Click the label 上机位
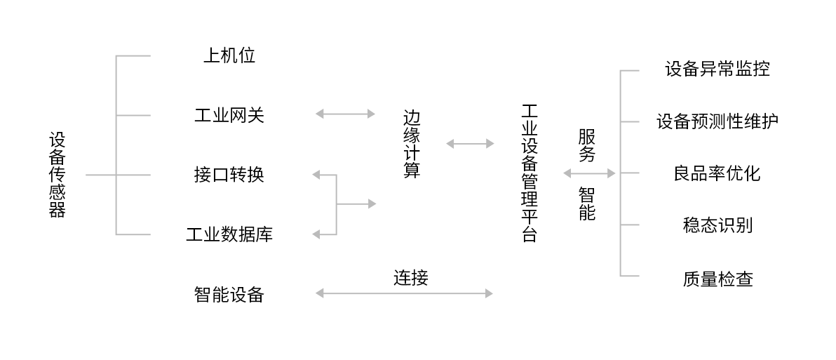coord(229,56)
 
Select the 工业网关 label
coord(229,115)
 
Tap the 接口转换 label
coord(229,175)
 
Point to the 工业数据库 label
coord(229,234)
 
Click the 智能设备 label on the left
coord(229,294)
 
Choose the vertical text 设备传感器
coord(57,175)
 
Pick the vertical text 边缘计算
coord(412,144)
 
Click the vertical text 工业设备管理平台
coord(530,173)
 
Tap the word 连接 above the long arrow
coord(410,278)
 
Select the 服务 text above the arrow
coord(587,145)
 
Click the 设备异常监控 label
coord(717,69)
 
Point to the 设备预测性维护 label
coord(717,121)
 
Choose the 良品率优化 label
coord(717,173)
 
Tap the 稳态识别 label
coord(717,225)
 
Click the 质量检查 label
coord(717,279)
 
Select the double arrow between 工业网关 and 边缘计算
coord(346,114)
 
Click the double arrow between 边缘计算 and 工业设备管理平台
coord(470,144)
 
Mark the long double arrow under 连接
coord(404,293)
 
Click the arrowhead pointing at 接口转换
coord(316,175)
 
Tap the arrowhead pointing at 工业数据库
coord(316,234)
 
